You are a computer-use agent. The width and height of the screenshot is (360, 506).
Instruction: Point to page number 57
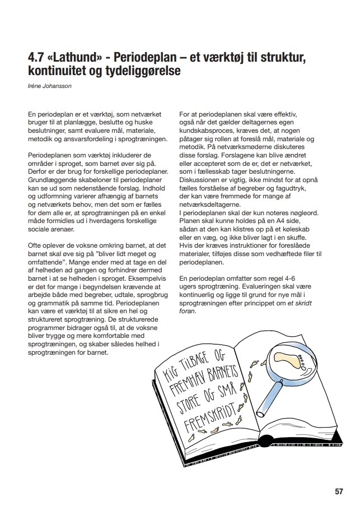point(339,491)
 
